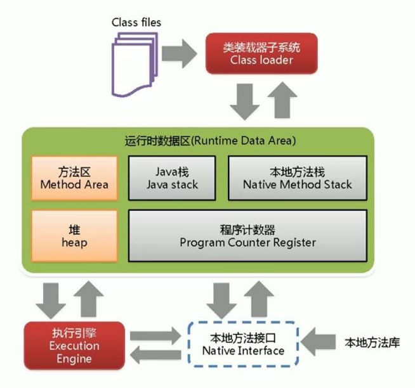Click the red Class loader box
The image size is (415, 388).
coord(261,53)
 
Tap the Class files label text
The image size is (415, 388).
coord(136,22)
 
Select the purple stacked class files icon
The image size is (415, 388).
coord(135,64)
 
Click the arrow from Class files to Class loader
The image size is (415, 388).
coord(179,54)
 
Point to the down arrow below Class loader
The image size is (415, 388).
coord(244,101)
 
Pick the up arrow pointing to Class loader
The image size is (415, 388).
coord(282,100)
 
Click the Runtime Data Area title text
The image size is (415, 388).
coord(210,141)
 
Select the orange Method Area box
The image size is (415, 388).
coord(74,178)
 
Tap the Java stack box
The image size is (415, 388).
coord(172,178)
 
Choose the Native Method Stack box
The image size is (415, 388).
coord(298,178)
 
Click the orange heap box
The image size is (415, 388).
coord(74,236)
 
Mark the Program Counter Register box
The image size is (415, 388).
coord(247,236)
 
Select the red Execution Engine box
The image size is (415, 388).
coord(74,346)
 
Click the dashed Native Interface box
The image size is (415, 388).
coord(243,344)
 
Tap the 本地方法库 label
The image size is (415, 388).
coord(372,342)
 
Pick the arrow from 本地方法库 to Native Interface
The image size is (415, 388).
coord(318,342)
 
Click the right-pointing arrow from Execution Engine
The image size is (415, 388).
coord(155,335)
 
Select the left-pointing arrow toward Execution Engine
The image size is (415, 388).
coord(155,355)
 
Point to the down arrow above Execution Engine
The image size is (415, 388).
coord(51,301)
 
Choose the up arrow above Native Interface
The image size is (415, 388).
coord(259,299)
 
